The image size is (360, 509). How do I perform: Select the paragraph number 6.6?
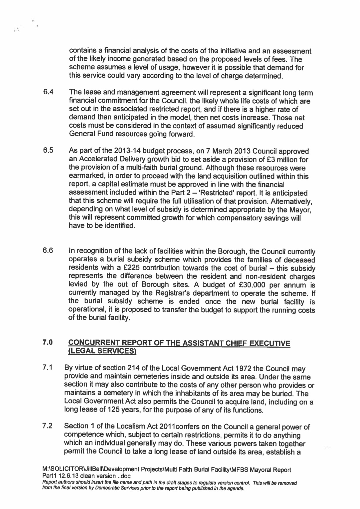[48, 251]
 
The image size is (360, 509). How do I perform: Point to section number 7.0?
[48, 343]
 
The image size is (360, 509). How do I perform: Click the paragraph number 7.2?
[47, 426]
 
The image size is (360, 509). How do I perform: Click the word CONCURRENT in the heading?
[94, 344]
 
